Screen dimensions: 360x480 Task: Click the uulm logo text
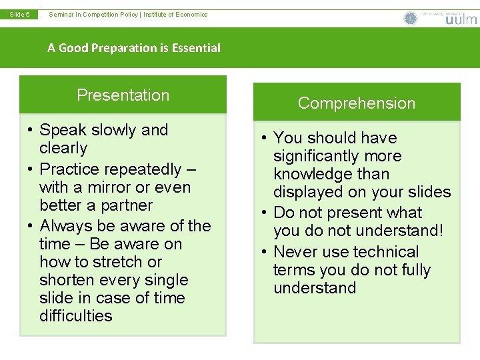pyautogui.click(x=461, y=19)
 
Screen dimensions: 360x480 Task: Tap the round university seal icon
pyautogui.click(x=411, y=18)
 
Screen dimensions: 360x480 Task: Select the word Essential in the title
pyautogui.click(x=196, y=48)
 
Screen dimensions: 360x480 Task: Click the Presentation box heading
pyautogui.click(x=123, y=95)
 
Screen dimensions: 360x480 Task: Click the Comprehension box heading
pyautogui.click(x=357, y=103)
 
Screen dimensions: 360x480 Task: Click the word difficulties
pyautogui.click(x=76, y=316)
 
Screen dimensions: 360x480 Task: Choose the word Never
pyautogui.click(x=295, y=252)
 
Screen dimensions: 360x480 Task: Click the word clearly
pyautogui.click(x=63, y=148)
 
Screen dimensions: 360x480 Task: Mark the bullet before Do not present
pyautogui.click(x=264, y=213)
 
